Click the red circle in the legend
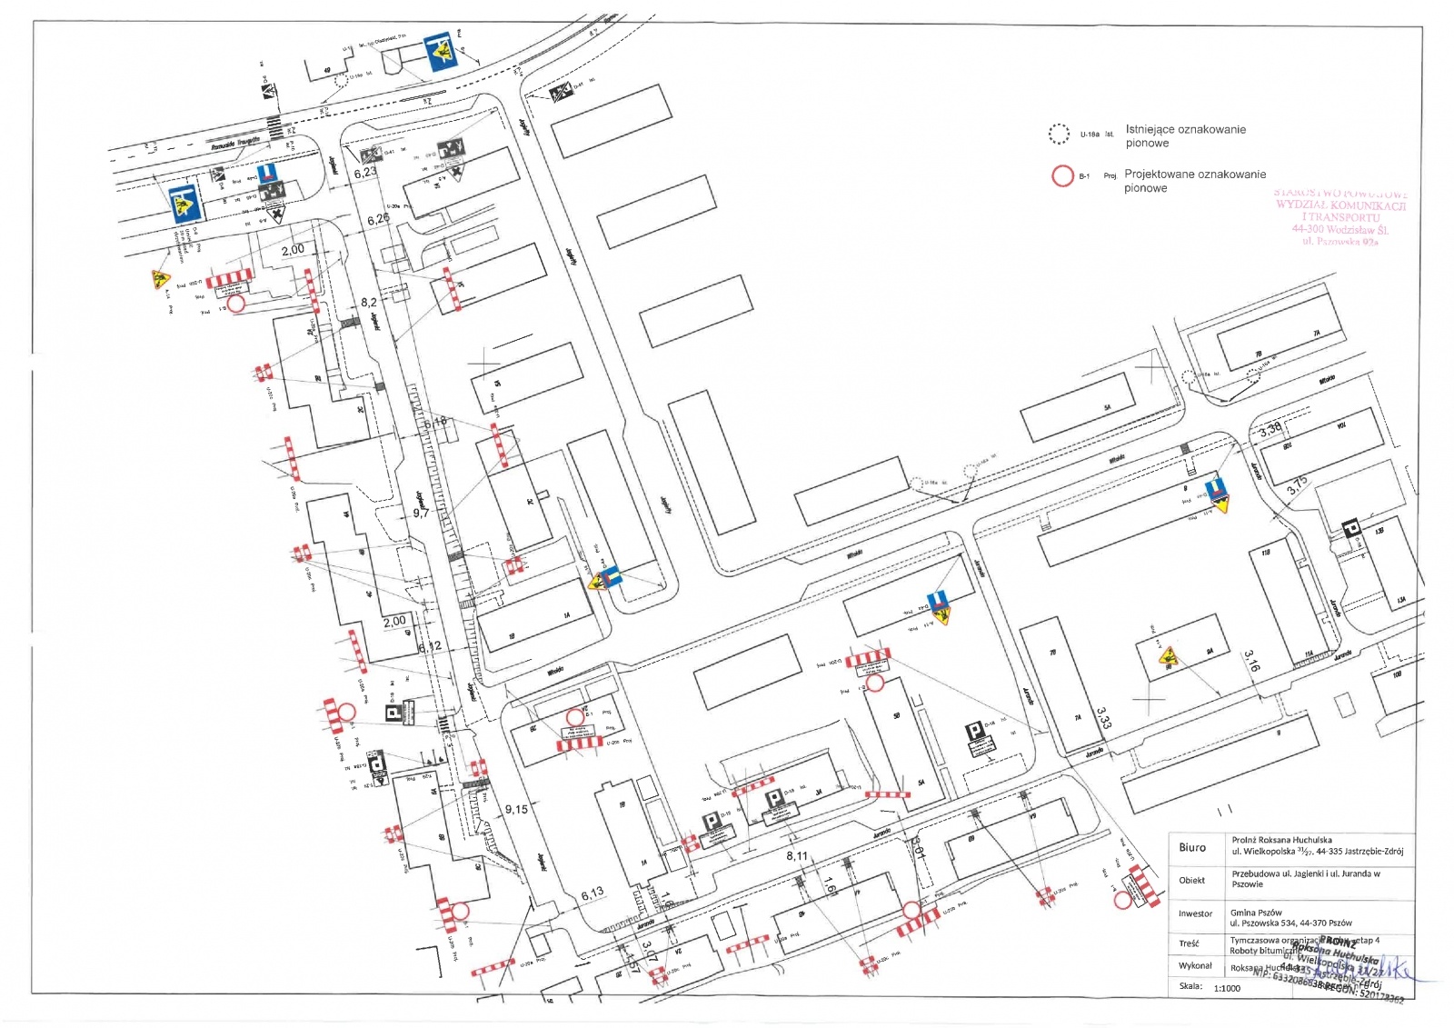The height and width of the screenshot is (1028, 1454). (x=1061, y=175)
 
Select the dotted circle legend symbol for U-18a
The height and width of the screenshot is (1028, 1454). (x=1059, y=135)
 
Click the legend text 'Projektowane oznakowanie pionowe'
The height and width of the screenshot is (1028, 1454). (x=1194, y=181)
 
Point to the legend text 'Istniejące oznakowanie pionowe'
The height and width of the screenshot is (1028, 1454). (x=1185, y=136)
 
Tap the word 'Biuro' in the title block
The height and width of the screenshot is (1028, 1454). (x=1192, y=847)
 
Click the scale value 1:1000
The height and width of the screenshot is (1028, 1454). (x=1226, y=988)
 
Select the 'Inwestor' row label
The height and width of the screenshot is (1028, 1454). (x=1195, y=913)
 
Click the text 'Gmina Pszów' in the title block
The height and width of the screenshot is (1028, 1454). (x=1258, y=912)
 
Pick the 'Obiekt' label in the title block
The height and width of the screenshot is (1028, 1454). (x=1192, y=880)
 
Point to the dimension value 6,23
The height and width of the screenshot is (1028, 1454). (x=365, y=173)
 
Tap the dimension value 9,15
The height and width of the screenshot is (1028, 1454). (x=516, y=809)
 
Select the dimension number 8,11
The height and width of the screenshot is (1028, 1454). (x=797, y=856)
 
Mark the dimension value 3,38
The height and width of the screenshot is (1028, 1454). (x=1270, y=430)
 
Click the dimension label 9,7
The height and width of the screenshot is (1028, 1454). (x=421, y=514)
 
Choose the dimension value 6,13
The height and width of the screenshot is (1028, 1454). (x=592, y=893)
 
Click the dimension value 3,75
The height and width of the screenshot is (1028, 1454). (x=1297, y=484)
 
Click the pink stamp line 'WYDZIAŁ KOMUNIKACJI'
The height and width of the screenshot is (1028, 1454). (x=1340, y=205)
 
